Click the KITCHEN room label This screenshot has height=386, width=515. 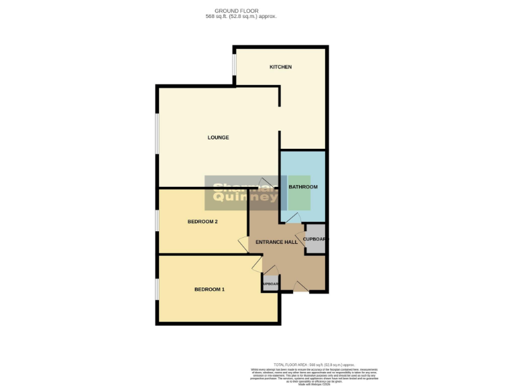pyautogui.click(x=280, y=67)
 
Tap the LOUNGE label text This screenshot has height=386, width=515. pyautogui.click(x=218, y=137)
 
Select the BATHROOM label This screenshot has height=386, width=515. pyautogui.click(x=302, y=187)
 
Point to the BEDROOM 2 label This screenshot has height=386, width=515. pyautogui.click(x=202, y=222)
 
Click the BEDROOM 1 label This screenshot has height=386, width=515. pyautogui.click(x=209, y=289)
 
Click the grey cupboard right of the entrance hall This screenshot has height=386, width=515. pyautogui.click(x=315, y=239)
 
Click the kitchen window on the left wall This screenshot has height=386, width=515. pyautogui.click(x=234, y=65)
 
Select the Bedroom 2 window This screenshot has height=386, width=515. pyautogui.click(x=158, y=221)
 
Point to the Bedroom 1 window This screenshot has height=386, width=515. pyautogui.click(x=158, y=289)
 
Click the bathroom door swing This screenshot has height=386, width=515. pyautogui.click(x=293, y=218)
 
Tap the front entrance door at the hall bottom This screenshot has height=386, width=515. pyautogui.click(x=301, y=287)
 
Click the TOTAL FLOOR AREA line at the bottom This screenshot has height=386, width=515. pyautogui.click(x=313, y=363)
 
